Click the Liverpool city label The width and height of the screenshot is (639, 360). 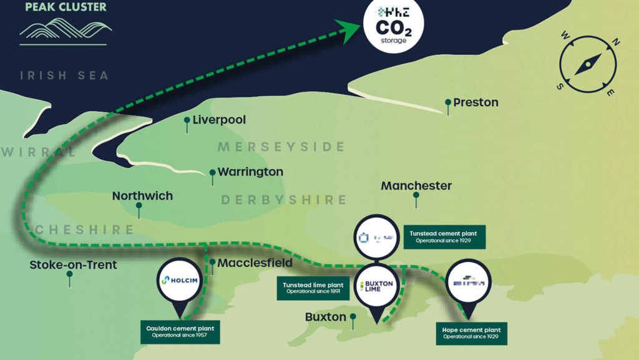click(x=219, y=120)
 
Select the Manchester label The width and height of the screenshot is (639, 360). click(x=416, y=186)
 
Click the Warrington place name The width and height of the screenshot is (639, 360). click(x=250, y=172)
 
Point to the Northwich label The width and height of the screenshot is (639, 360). click(x=142, y=196)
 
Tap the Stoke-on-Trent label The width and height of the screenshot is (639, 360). click(x=73, y=265)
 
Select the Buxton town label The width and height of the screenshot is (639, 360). click(x=325, y=317)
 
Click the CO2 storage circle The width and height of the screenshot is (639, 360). click(x=393, y=26)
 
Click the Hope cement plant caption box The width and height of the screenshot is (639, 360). click(x=471, y=333)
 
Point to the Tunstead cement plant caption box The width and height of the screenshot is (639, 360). click(x=444, y=237)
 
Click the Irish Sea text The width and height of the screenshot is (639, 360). click(x=64, y=75)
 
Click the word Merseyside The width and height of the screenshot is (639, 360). click(x=281, y=147)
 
